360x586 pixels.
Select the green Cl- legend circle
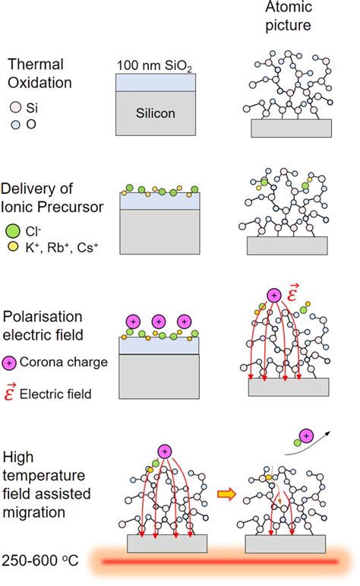[x=11, y=229]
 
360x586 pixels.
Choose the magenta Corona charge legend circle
[x=11, y=363]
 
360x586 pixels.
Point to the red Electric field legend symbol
[x=11, y=392]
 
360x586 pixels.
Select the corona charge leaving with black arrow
[x=305, y=435]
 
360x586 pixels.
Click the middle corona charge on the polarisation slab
[x=158, y=322]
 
